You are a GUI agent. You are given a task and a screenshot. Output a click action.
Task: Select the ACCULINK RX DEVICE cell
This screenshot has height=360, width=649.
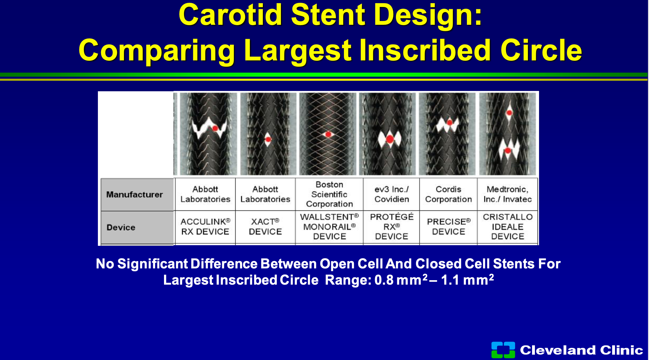click(x=205, y=227)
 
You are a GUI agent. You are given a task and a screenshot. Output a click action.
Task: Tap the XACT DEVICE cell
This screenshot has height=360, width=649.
click(x=265, y=227)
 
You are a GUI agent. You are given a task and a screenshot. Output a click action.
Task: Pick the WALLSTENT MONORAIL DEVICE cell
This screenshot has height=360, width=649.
click(x=329, y=227)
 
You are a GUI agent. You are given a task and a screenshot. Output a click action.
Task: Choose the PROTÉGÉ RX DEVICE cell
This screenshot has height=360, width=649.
click(x=392, y=227)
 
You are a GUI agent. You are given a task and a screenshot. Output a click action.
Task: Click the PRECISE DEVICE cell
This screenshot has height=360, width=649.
click(x=448, y=227)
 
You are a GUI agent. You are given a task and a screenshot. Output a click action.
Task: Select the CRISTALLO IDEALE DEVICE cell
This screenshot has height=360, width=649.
click(x=508, y=227)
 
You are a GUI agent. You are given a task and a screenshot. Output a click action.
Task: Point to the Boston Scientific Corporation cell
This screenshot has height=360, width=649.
click(x=329, y=194)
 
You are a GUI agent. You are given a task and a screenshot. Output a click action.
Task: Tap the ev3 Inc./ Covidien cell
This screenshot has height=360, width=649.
click(x=392, y=194)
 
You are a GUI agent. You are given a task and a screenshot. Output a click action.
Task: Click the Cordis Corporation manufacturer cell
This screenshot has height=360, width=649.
click(x=448, y=194)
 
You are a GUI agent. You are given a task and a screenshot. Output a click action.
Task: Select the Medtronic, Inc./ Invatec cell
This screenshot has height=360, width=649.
click(x=508, y=194)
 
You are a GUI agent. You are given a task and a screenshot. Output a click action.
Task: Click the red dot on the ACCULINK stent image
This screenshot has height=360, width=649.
click(x=215, y=128)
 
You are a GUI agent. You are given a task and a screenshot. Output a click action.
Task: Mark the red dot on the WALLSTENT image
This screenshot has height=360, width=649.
click(x=328, y=134)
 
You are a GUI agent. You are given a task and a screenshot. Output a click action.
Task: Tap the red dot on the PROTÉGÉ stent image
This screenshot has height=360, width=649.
click(x=390, y=139)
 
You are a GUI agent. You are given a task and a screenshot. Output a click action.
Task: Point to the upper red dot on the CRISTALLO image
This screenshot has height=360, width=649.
click(x=509, y=113)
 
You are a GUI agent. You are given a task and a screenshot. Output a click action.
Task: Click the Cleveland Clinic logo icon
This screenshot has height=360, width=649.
click(x=503, y=350)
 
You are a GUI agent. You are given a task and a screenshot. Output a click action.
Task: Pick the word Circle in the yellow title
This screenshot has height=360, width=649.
click(x=541, y=50)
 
